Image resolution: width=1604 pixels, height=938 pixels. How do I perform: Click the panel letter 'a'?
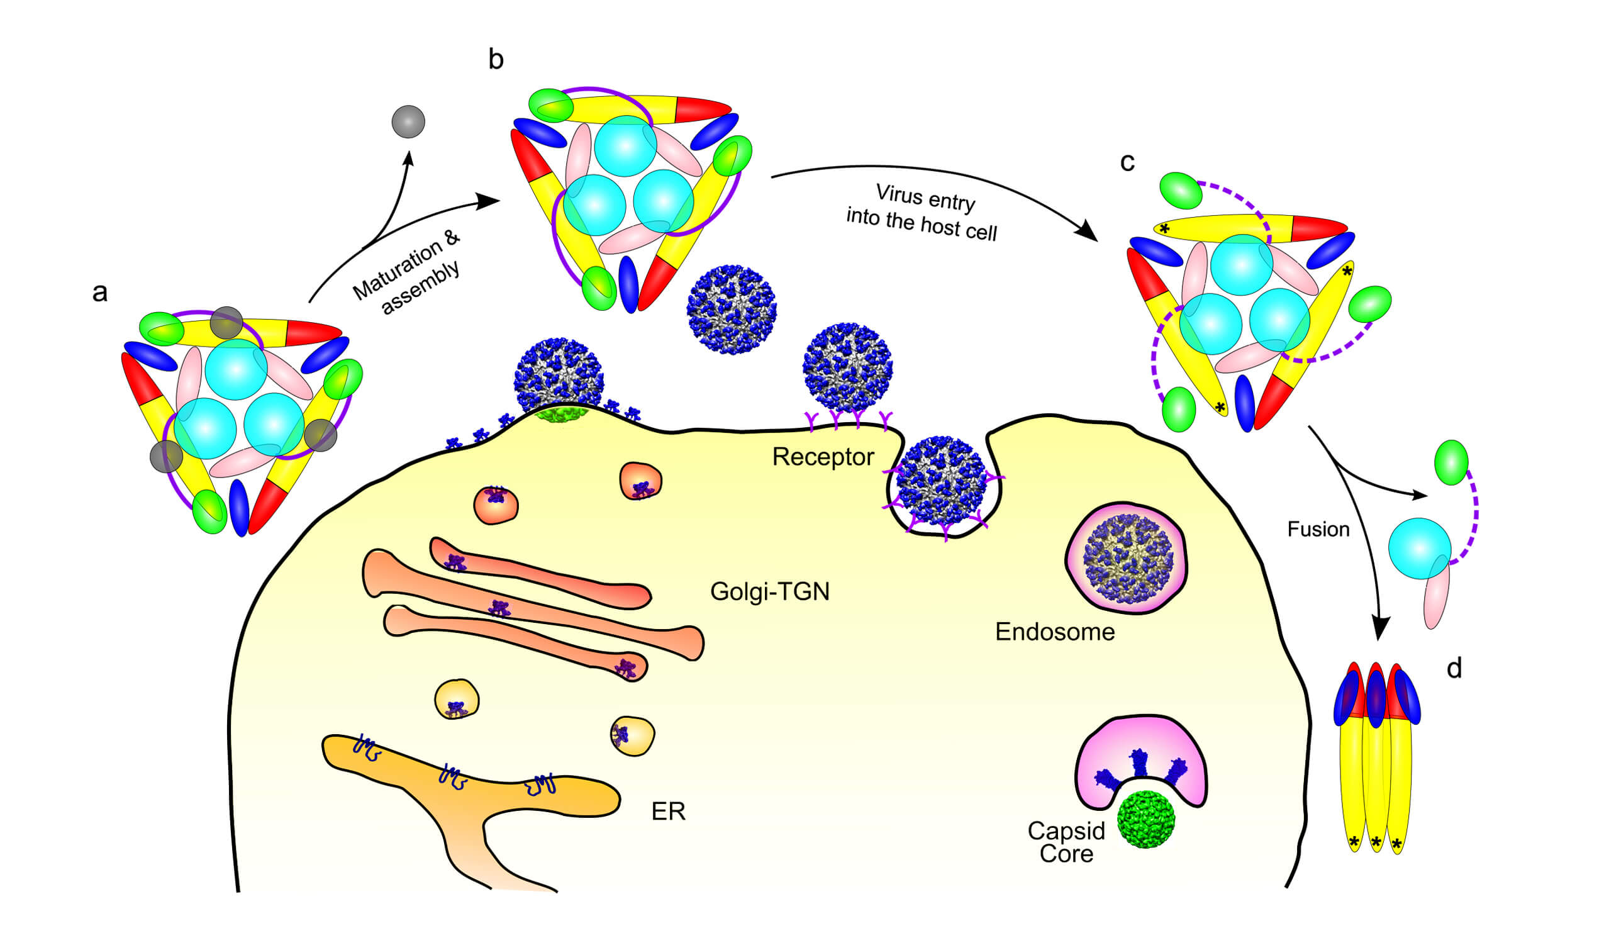[x=100, y=293]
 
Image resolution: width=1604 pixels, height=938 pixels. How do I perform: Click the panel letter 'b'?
[x=496, y=59]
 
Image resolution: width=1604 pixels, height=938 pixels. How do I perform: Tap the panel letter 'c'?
[x=1127, y=162]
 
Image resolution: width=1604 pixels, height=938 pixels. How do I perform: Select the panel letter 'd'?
[x=1454, y=669]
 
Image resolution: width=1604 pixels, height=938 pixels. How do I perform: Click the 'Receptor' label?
[x=823, y=457]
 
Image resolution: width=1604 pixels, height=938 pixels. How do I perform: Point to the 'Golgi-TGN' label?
[x=769, y=591]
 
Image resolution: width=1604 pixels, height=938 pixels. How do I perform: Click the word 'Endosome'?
[x=1055, y=632]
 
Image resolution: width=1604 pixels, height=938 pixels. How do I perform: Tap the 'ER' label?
[x=668, y=812]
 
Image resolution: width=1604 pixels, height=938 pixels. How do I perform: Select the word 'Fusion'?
[x=1318, y=529]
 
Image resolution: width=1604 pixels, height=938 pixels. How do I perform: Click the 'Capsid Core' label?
[x=1066, y=842]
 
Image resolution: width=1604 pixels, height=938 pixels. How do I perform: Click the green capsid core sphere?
[x=1145, y=819]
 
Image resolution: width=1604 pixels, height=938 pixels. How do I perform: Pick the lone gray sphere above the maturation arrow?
[x=408, y=121]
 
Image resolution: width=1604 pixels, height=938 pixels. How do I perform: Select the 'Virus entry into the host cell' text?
[x=923, y=213]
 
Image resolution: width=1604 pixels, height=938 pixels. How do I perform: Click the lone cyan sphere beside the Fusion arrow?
[x=1420, y=549]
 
